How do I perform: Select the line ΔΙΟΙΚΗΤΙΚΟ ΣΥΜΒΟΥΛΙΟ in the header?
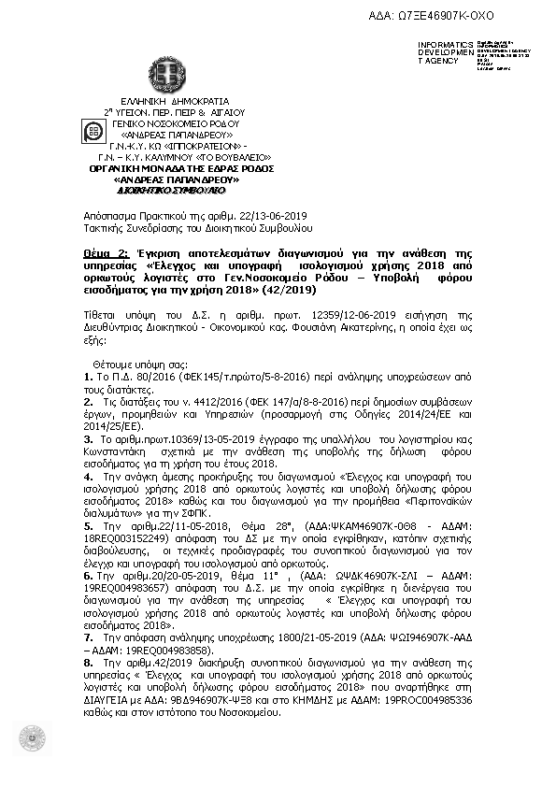point(172,189)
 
